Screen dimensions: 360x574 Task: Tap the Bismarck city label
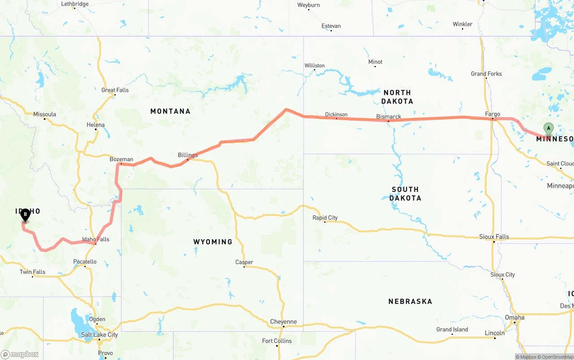389,117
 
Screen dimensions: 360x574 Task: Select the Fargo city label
492,114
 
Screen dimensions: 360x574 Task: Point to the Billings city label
188,155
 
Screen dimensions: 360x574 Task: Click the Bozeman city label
122,159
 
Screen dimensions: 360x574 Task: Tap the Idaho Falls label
96,239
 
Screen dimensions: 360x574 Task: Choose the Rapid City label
325,218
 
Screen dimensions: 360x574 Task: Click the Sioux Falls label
494,237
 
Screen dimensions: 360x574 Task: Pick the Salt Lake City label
100,335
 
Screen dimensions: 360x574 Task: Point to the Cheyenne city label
283,322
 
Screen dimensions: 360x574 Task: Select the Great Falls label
115,90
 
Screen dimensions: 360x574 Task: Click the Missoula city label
45,114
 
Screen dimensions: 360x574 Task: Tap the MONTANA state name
170,111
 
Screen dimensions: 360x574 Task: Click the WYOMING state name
213,242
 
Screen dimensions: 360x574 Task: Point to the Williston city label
314,65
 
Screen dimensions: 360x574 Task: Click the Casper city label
244,262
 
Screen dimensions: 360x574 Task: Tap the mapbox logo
20,354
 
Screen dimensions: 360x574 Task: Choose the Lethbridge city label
75,4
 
